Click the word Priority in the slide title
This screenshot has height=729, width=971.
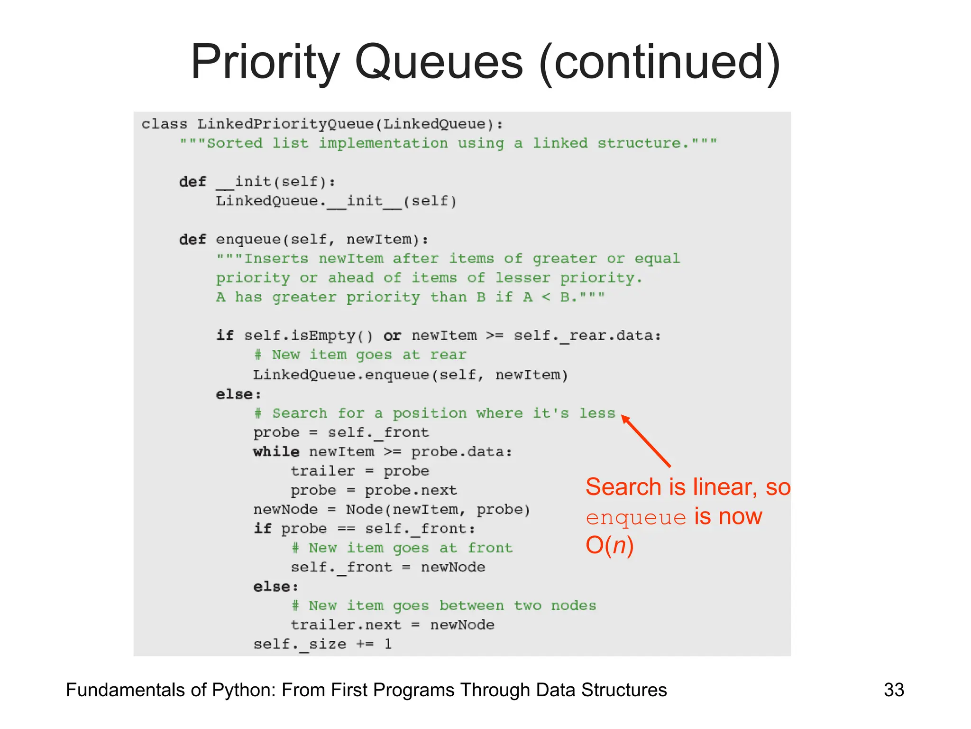point(265,63)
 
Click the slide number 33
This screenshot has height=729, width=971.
point(894,690)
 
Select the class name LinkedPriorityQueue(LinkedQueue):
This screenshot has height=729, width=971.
point(350,124)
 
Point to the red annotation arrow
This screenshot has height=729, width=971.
point(646,441)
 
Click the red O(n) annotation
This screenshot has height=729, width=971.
point(609,545)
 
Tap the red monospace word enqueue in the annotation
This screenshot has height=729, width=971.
point(636,517)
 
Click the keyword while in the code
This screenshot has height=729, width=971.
point(276,451)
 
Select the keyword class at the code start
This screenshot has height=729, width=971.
point(164,124)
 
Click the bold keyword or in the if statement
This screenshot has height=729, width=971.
point(392,336)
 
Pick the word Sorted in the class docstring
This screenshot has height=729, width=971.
point(235,143)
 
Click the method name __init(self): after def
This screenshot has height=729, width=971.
point(276,182)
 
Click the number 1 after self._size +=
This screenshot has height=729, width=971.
point(388,644)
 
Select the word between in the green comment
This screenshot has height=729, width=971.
point(471,606)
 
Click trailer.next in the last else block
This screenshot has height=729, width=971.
point(346,625)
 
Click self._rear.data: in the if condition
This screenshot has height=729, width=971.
point(587,336)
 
